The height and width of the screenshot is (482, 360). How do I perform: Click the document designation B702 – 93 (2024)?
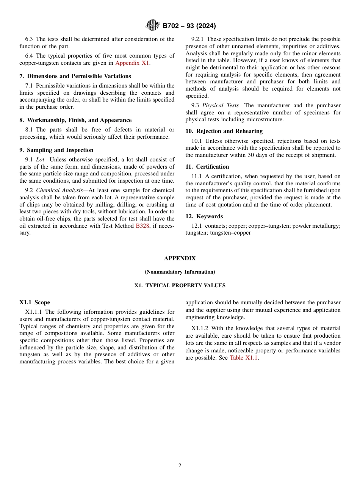[x=189, y=26]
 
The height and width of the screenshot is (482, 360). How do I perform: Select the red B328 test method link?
[x=142, y=226]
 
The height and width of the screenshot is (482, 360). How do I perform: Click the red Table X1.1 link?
[x=243, y=358]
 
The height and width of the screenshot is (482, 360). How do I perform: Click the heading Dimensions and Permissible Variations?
[x=75, y=76]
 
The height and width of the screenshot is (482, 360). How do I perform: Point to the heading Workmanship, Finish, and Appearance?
[x=75, y=120]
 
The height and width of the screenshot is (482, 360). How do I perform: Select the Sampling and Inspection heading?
[x=56, y=150]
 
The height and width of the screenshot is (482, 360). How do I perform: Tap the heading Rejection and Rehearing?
[x=224, y=131]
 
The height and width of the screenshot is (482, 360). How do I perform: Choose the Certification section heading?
[x=207, y=167]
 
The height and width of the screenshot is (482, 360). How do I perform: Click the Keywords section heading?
[x=204, y=216]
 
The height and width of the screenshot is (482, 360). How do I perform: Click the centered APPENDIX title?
[x=180, y=258]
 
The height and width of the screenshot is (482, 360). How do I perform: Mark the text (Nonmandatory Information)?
[x=180, y=272]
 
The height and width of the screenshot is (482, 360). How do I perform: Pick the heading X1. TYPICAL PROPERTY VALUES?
[x=180, y=285]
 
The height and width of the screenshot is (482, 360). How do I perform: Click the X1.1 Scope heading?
[x=35, y=302]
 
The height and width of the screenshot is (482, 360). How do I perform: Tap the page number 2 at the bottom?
[x=180, y=466]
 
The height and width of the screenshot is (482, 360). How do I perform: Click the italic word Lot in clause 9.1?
[x=40, y=160]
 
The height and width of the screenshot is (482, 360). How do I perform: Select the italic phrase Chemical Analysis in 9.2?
[x=59, y=190]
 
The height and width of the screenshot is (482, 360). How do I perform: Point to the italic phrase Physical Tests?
[x=220, y=105]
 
